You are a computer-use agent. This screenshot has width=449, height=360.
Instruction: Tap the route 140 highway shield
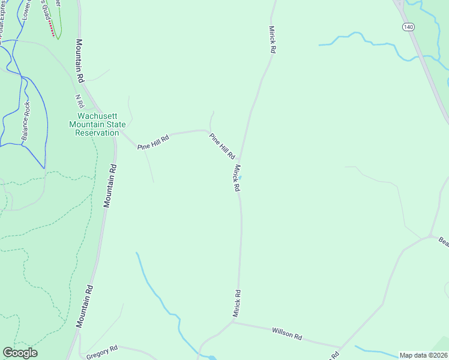click(408, 27)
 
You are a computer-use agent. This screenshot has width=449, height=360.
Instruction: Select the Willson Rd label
click(286, 334)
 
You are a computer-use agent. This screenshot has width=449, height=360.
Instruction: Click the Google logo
click(20, 353)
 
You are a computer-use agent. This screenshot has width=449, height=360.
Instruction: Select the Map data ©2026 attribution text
click(423, 355)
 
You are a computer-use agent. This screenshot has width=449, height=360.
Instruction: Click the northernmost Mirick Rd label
click(272, 40)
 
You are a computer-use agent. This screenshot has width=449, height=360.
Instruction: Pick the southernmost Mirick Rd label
click(237, 304)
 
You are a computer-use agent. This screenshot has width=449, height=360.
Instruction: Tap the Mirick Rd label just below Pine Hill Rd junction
click(237, 178)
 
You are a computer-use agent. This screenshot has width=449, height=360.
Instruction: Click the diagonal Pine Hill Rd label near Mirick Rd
click(221, 146)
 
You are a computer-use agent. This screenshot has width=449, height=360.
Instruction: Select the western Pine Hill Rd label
click(153, 142)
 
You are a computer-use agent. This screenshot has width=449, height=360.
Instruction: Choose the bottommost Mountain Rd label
click(85, 306)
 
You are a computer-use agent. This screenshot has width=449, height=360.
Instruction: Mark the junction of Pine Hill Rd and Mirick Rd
click(241, 159)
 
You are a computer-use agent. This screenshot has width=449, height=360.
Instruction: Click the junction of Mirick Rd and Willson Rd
click(233, 322)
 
